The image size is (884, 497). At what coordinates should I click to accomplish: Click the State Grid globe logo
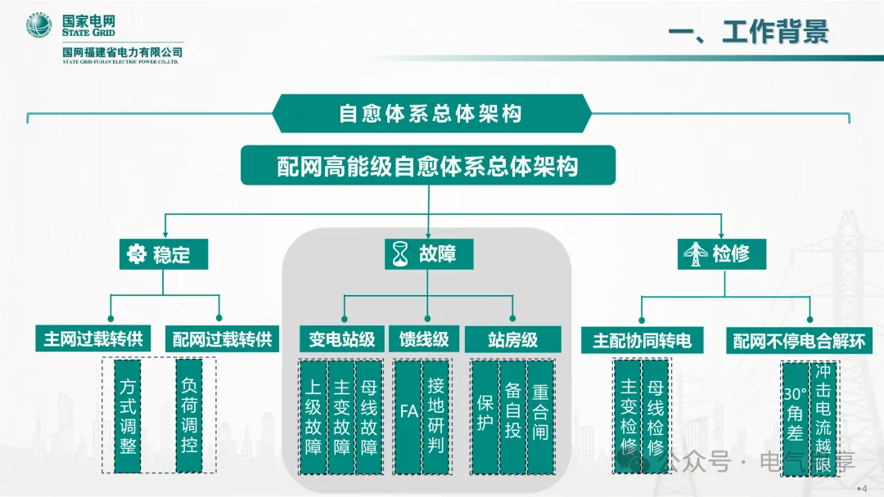tap(39, 25)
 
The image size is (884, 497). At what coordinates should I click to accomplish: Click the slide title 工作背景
tap(775, 32)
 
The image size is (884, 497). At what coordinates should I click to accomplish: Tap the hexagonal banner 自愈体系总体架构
tap(432, 113)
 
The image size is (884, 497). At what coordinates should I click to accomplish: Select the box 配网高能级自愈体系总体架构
tap(428, 165)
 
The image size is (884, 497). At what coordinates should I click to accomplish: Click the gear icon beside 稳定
tap(136, 254)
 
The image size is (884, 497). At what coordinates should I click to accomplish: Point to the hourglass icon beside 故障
tap(400, 254)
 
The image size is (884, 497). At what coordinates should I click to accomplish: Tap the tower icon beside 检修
tap(696, 254)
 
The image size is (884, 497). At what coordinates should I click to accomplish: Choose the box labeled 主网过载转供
tap(93, 339)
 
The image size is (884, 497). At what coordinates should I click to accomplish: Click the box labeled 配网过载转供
tap(222, 339)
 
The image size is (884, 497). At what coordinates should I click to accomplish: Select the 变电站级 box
tap(341, 339)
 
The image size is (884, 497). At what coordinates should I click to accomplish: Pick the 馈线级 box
tap(424, 339)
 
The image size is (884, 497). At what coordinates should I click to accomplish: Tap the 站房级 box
tap(513, 339)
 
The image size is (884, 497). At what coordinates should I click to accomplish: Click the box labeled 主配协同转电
tap(643, 341)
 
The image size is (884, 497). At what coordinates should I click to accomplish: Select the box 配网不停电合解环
tap(799, 341)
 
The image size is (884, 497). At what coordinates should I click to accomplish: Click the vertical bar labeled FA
tap(408, 417)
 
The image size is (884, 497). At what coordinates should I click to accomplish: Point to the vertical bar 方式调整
tap(128, 416)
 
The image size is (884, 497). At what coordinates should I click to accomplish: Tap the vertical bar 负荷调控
tap(189, 416)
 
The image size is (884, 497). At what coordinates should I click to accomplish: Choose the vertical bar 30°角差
tap(796, 419)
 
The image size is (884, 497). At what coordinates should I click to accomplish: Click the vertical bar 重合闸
tap(540, 417)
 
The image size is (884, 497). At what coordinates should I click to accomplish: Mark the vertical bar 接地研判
tap(435, 417)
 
